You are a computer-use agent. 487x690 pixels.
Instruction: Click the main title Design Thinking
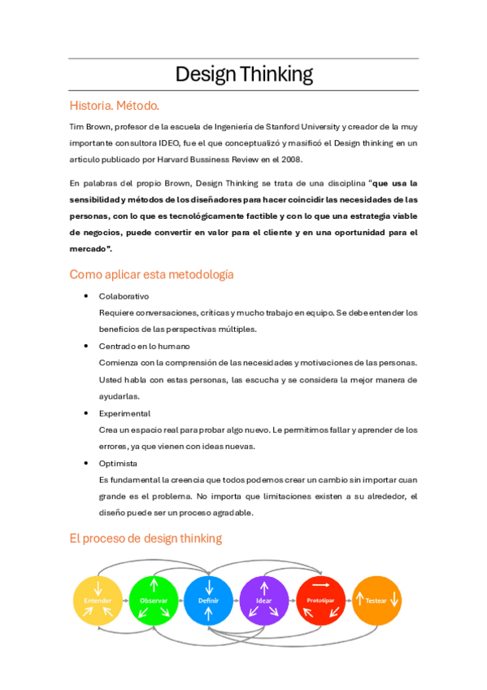click(x=244, y=74)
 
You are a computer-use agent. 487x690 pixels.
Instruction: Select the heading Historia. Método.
click(x=115, y=105)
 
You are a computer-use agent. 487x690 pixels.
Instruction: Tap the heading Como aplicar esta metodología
click(x=151, y=274)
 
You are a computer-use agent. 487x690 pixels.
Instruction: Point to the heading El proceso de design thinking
click(x=145, y=538)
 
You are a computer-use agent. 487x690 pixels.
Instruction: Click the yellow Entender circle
click(x=98, y=600)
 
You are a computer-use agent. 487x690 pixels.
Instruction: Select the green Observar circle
click(x=154, y=600)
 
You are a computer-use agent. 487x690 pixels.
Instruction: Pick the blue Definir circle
click(x=209, y=600)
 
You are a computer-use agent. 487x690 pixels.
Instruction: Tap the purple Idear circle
click(x=264, y=600)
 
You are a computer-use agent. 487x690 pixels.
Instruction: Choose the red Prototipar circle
click(x=320, y=600)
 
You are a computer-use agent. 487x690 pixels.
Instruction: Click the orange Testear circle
click(x=376, y=600)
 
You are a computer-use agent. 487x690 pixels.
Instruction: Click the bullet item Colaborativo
click(x=124, y=296)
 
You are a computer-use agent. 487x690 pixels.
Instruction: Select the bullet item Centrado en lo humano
click(x=144, y=346)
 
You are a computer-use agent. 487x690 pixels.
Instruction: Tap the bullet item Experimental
click(x=124, y=413)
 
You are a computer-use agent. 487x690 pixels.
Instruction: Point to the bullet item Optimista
click(x=118, y=463)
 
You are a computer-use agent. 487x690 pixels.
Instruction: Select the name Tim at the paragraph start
click(x=76, y=127)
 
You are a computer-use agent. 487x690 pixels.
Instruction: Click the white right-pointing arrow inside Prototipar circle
click(x=320, y=585)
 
